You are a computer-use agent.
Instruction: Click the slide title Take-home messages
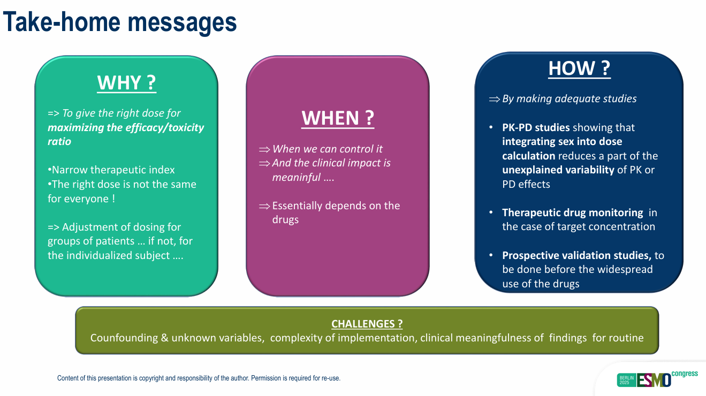pos(120,22)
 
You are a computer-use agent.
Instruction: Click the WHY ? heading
pos(126,83)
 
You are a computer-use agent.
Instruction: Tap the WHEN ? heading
pos(337,118)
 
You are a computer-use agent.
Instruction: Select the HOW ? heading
pos(579,68)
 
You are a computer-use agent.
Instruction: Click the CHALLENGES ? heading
pos(367,324)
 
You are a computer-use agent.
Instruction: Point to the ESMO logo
pos(653,380)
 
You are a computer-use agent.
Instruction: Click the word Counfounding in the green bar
pos(123,338)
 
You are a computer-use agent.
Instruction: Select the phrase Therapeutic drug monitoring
pos(572,212)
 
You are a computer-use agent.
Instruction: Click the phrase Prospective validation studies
pos(576,255)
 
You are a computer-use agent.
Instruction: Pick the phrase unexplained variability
pos(558,170)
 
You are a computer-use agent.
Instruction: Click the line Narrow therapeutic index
pos(111,170)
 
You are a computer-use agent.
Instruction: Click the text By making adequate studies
pos(569,98)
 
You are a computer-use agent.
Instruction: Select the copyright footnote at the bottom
pos(199,378)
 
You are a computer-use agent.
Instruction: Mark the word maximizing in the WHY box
pos(73,127)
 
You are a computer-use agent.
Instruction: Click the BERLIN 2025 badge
pos(626,380)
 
